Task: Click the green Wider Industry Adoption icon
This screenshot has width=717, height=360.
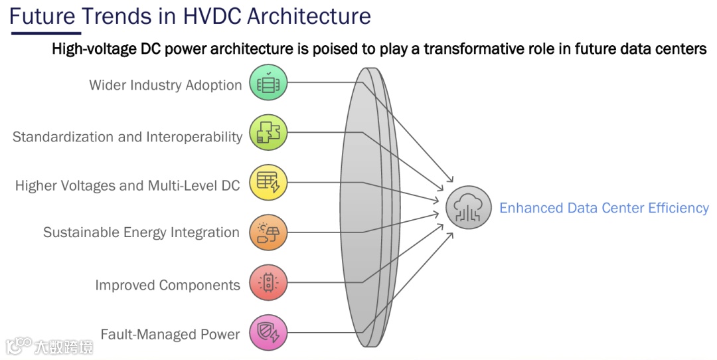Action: pyautogui.click(x=268, y=83)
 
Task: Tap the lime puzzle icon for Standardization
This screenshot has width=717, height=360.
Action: pyautogui.click(x=268, y=132)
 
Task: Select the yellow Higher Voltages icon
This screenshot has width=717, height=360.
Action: pyautogui.click(x=268, y=183)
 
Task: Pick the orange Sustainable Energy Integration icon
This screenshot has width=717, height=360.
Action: pyautogui.click(x=268, y=232)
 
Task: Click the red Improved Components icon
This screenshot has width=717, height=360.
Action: pyautogui.click(x=268, y=282)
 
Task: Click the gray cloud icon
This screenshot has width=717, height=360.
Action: pyautogui.click(x=469, y=208)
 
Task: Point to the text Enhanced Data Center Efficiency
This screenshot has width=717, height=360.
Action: pyautogui.click(x=603, y=208)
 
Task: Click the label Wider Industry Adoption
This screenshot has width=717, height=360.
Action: pyautogui.click(x=165, y=85)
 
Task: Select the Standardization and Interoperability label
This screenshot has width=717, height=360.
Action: pyautogui.click(x=127, y=137)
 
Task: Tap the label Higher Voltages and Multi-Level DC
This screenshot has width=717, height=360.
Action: pyautogui.click(x=127, y=185)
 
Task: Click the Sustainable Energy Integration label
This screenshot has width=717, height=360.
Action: pyautogui.click(x=141, y=232)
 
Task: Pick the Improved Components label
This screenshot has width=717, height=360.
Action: pyautogui.click(x=167, y=285)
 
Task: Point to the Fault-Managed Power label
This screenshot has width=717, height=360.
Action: pyautogui.click(x=170, y=334)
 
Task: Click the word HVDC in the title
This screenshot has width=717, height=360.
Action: pyautogui.click(x=206, y=16)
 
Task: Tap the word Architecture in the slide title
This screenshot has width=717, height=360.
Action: pyautogui.click(x=309, y=16)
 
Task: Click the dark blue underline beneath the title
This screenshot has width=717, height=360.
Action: pyautogui.click(x=45, y=33)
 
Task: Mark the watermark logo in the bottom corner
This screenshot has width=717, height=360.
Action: pyautogui.click(x=49, y=346)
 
